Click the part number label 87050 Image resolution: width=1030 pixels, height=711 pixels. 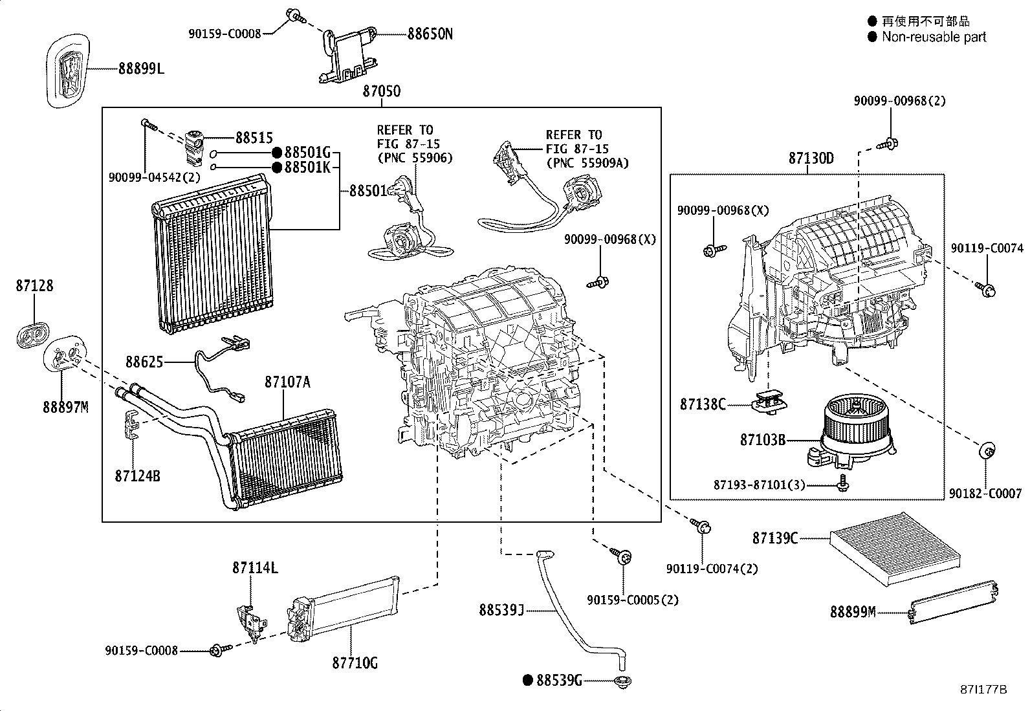click(381, 91)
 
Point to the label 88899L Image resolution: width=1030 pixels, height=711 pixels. click(141, 67)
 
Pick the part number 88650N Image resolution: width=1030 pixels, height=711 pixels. click(430, 34)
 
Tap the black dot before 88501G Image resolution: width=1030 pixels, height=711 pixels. click(276, 153)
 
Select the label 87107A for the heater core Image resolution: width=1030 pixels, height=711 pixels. click(287, 382)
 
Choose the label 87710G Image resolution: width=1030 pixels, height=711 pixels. click(355, 662)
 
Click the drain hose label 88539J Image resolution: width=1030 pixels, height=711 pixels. click(501, 609)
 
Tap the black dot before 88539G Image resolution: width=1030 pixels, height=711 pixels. click(527, 679)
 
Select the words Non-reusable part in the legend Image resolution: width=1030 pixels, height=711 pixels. click(934, 37)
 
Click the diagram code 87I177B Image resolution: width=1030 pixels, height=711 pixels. click(983, 690)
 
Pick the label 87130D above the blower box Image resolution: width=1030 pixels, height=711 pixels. click(811, 159)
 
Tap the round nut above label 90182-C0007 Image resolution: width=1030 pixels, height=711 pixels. click(988, 450)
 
